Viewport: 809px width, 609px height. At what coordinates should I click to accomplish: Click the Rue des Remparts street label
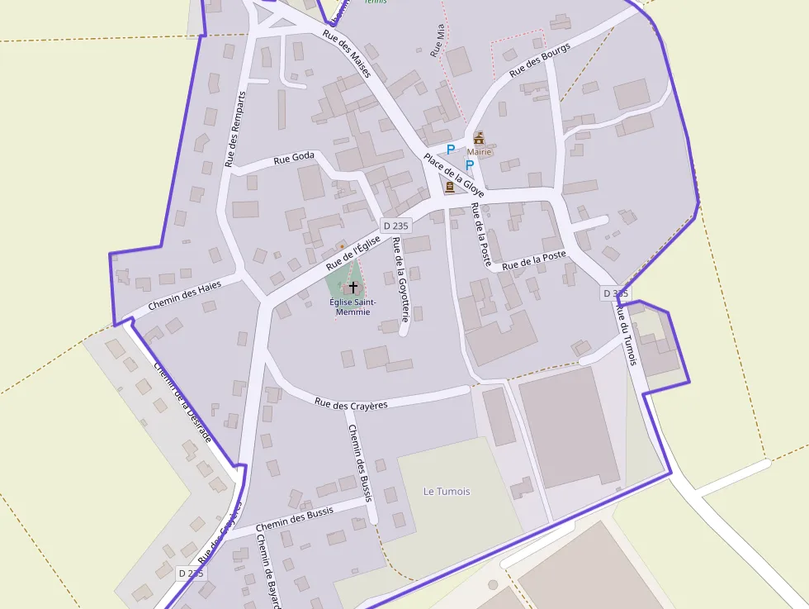coord(235,129)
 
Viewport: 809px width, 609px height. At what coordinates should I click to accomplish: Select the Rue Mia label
coord(438,40)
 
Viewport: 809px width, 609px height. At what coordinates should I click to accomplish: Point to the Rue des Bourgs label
coord(540,60)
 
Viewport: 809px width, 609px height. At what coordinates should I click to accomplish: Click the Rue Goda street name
coord(294,159)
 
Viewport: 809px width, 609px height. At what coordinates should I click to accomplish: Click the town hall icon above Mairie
coord(479,137)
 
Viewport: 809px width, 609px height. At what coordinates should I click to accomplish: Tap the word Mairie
coord(479,152)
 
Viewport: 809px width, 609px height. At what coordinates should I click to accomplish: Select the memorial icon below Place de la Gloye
coord(450,188)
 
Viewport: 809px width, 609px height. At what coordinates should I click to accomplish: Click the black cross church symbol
coord(353,288)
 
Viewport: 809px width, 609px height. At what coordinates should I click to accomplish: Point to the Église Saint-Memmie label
coord(352,307)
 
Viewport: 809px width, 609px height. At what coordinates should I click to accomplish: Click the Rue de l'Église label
coord(352,253)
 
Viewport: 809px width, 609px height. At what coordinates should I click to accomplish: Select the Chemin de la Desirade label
coord(182,403)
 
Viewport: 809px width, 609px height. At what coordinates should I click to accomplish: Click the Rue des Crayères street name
coord(351,403)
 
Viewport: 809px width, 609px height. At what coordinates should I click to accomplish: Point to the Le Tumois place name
coord(447,492)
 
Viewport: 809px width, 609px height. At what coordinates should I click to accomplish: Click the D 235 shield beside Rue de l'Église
coord(396,226)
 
